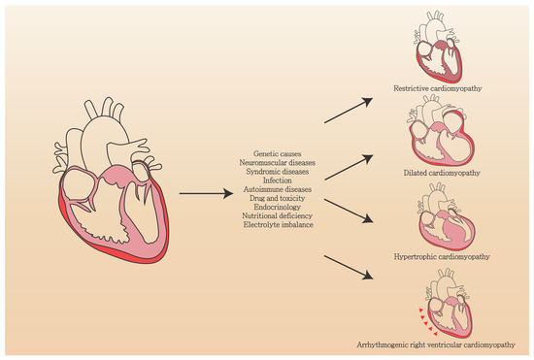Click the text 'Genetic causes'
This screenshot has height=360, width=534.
[278, 153]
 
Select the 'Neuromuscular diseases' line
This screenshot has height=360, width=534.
[278, 162]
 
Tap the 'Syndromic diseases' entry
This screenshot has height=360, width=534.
[278, 172]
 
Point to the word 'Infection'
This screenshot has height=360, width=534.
[278, 180]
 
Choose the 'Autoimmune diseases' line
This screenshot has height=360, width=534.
[278, 189]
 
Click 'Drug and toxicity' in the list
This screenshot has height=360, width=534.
[278, 198]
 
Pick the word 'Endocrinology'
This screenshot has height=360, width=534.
[278, 207]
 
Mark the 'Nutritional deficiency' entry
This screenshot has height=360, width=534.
[278, 215]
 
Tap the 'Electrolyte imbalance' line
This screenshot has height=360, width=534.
[278, 225]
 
